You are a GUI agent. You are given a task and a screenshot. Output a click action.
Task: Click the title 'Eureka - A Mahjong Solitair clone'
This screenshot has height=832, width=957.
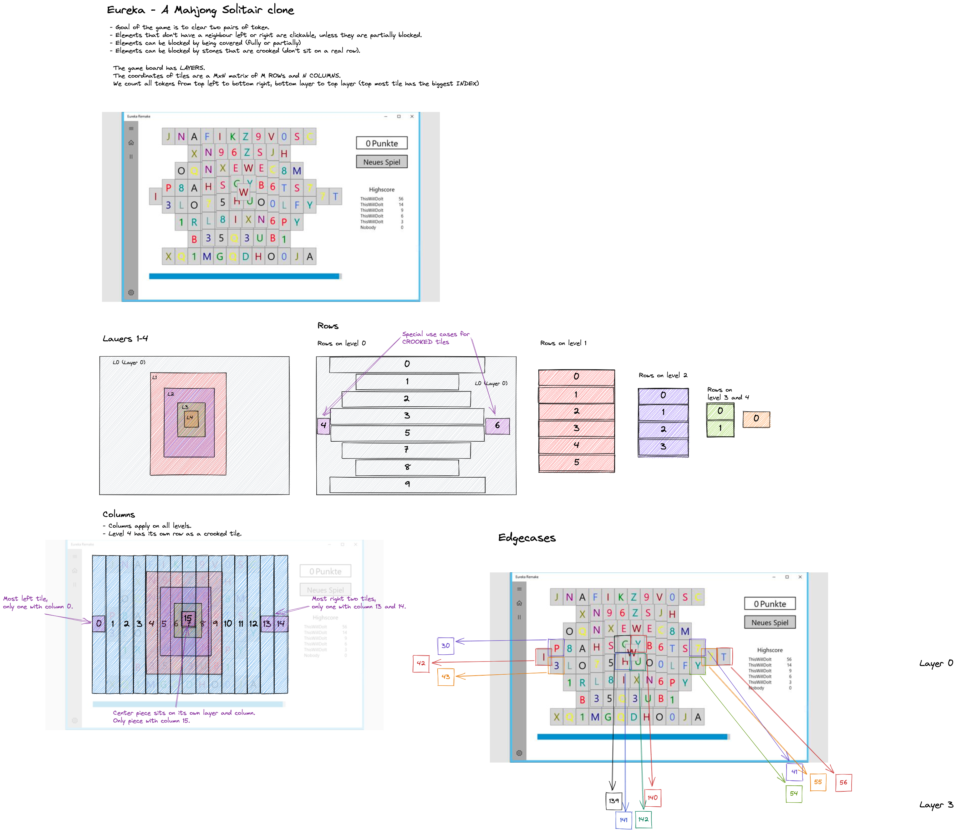[200, 10]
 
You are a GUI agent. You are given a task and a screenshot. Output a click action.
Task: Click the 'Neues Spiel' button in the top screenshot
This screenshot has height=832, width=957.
[381, 162]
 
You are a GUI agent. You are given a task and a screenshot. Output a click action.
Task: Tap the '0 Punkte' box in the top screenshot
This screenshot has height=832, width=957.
[381, 143]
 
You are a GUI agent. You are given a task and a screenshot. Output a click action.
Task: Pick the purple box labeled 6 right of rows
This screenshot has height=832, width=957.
[497, 425]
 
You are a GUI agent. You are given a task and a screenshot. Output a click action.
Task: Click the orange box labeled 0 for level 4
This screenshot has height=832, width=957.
[756, 419]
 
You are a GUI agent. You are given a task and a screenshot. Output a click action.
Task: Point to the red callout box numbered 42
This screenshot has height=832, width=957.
[421, 663]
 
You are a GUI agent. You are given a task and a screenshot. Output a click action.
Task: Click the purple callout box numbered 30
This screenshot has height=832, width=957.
[445, 645]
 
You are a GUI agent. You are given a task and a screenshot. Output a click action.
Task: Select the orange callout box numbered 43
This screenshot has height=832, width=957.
[445, 677]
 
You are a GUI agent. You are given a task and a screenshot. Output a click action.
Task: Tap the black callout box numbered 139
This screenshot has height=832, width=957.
[614, 800]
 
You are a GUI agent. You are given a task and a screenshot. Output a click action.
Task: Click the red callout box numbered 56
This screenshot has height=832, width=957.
[843, 782]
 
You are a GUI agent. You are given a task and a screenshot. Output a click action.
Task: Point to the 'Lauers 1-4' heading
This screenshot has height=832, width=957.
[125, 338]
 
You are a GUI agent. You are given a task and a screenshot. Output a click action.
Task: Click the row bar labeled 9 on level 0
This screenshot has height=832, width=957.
[407, 484]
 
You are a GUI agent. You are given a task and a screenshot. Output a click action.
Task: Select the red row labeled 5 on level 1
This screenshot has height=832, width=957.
[576, 462]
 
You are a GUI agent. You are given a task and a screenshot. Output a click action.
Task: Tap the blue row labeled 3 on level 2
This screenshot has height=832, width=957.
[663, 447]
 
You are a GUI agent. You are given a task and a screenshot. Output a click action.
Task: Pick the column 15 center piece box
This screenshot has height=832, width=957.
[188, 619]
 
